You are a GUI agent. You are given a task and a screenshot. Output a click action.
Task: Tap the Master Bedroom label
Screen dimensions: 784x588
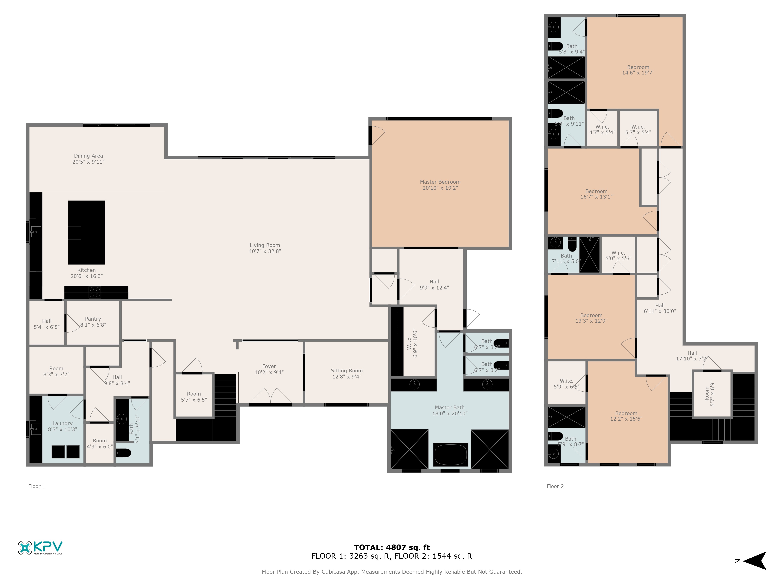tap(440, 182)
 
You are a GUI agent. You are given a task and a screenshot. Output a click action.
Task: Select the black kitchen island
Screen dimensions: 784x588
tap(86, 232)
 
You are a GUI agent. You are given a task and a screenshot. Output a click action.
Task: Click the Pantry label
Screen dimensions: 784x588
tap(93, 319)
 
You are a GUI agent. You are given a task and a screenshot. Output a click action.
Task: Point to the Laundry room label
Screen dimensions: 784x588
tap(62, 423)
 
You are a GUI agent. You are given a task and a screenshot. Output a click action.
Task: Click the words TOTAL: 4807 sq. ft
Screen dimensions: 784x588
tap(392, 547)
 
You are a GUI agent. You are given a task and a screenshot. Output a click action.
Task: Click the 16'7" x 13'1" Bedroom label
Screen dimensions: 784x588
tap(596, 194)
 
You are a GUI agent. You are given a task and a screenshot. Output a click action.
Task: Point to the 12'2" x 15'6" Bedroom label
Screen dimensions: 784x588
tap(626, 416)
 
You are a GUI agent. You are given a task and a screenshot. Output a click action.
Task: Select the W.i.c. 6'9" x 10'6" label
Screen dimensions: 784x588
tap(413, 343)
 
